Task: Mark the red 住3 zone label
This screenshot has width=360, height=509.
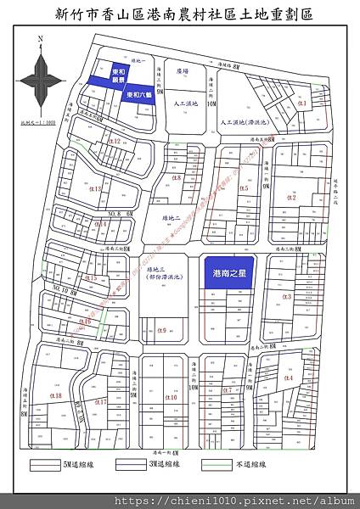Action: (x=286, y=297)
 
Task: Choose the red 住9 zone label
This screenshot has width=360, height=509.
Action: (x=160, y=331)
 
